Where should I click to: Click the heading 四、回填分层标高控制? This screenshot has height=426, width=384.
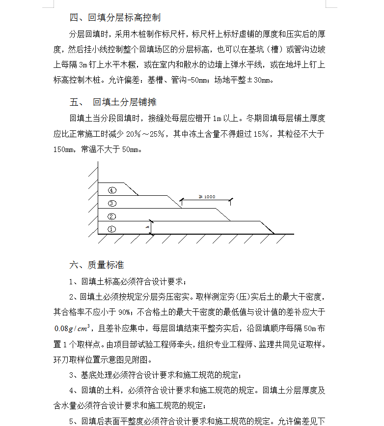tap(115, 18)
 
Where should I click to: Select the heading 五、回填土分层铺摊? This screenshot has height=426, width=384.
tap(113, 102)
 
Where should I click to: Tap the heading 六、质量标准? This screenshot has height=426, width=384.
tap(96, 265)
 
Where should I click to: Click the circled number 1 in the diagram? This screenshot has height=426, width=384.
tap(112, 229)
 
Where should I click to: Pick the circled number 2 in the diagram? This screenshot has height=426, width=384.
tap(112, 216)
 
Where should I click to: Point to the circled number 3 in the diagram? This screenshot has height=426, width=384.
tap(112, 203)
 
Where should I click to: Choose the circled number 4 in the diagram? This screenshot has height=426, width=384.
tap(112, 190)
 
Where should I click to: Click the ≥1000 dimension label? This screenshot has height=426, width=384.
tap(207, 197)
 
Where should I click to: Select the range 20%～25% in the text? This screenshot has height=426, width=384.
tap(145, 134)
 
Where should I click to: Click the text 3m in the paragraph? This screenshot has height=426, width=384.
tap(82, 64)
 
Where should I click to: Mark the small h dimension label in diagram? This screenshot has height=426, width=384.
tap(147, 227)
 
